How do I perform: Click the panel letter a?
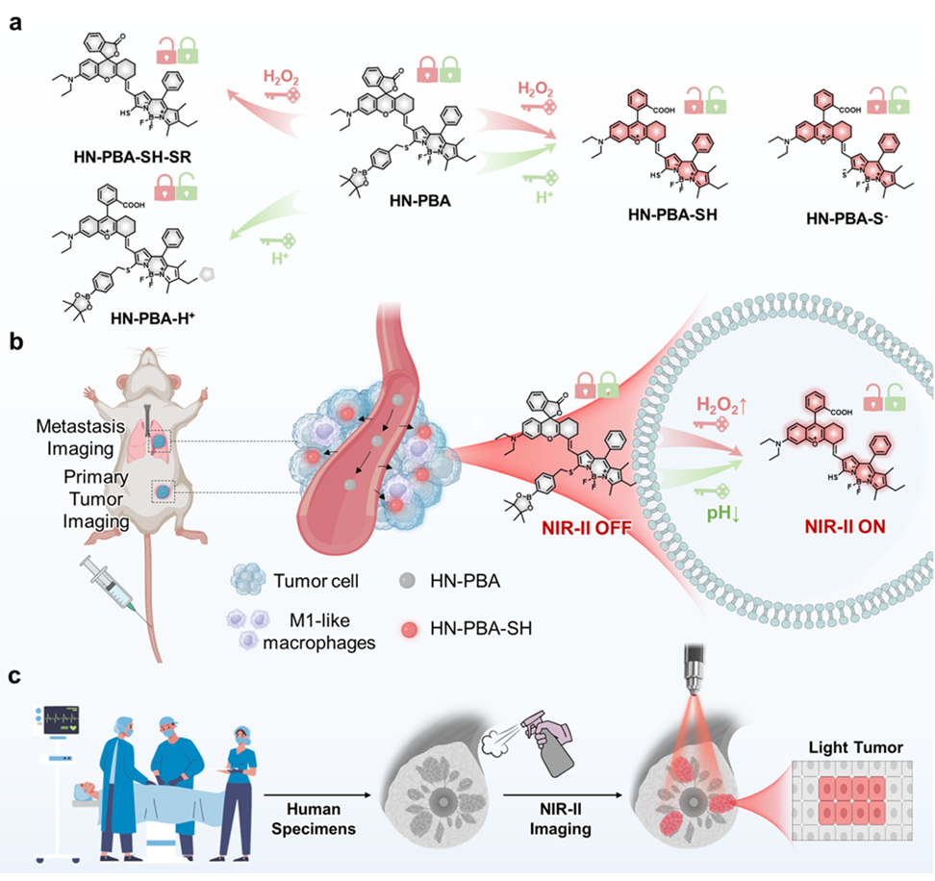click(x=15, y=22)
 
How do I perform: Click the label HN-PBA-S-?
click(x=847, y=219)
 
